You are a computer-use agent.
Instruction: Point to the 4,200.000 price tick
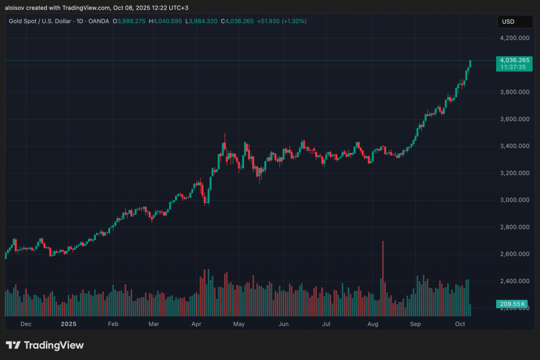[514, 38]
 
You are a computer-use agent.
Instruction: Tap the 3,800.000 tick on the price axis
[514, 92]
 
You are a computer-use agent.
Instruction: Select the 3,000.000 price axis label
[514, 200]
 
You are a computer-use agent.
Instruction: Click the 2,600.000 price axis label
[514, 254]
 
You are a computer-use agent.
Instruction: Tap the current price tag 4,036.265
[514, 60]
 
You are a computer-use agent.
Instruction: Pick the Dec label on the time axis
[25, 324]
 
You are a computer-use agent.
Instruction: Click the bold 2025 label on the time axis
[69, 324]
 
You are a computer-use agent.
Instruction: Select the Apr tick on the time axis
[196, 324]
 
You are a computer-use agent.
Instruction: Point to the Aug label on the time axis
[372, 324]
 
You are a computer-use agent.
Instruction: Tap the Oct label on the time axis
[460, 324]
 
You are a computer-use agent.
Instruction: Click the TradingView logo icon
[13, 345]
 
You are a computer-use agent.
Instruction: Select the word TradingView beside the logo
[54, 345]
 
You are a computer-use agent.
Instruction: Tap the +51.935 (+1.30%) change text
[282, 21]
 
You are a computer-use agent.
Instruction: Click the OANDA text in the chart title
[99, 21]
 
